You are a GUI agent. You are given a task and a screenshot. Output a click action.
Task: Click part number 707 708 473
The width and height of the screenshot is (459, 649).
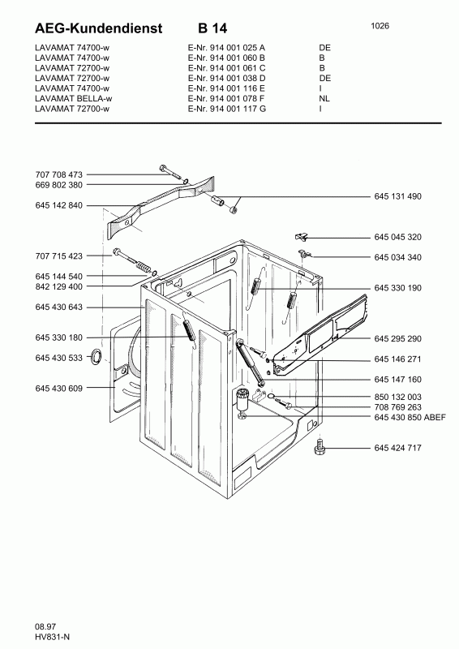(58, 174)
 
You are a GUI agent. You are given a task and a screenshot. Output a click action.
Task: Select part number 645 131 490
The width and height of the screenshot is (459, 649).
(397, 196)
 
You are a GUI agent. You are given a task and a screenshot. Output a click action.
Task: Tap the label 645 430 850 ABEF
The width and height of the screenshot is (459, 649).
(410, 417)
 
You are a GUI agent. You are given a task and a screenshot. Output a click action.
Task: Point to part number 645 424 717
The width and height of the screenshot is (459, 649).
(397, 448)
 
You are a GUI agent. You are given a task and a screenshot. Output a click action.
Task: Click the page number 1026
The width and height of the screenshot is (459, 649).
(380, 26)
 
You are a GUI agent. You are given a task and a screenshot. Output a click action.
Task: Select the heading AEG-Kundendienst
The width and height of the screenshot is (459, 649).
(99, 28)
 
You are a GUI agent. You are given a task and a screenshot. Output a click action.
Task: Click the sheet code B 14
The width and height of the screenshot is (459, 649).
(212, 28)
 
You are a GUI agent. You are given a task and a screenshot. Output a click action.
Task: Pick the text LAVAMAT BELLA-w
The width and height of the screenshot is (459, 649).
(73, 98)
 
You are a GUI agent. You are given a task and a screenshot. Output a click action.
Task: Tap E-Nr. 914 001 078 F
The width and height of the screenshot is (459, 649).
(226, 98)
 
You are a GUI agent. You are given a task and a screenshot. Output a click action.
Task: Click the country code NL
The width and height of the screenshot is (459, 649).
(324, 98)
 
